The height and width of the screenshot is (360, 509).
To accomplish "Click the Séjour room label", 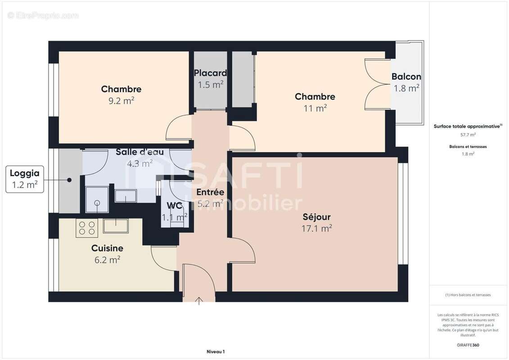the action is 316,217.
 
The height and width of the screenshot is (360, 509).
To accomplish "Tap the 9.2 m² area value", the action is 122,101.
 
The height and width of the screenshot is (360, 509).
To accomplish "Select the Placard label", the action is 210,73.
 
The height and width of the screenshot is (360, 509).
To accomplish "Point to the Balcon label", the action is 406,76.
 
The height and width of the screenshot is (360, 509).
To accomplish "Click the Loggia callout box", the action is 25,179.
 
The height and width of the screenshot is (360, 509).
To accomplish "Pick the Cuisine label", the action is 107,248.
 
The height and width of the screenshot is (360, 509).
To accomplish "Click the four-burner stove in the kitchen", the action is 87,228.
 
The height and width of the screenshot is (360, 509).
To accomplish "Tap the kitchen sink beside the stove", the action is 116,225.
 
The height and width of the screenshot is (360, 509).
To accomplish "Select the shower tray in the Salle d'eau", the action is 97,200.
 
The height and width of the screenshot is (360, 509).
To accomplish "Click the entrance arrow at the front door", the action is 199,301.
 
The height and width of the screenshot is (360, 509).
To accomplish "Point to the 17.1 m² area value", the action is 316,229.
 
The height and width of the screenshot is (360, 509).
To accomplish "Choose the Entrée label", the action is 210,192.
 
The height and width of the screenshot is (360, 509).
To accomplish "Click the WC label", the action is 174,206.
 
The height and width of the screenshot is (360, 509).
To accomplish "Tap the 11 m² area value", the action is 315,108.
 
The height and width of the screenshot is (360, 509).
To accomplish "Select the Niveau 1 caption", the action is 216,351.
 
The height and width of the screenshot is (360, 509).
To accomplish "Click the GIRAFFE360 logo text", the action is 468,345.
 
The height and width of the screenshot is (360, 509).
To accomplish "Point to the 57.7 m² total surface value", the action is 468,135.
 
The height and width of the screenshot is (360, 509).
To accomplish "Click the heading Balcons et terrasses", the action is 468,147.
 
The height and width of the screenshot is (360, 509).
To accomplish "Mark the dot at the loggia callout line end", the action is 69,180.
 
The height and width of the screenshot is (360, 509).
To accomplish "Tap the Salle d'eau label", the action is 140,152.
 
